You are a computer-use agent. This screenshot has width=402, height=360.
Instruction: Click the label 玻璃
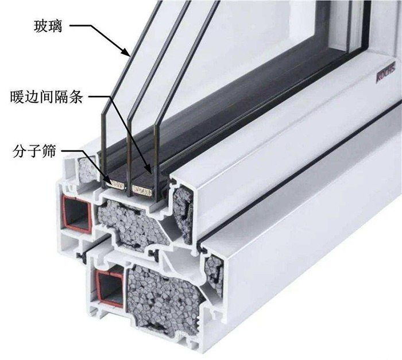pyautogui.click(x=48, y=26)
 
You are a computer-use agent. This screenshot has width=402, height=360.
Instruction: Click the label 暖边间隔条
pyautogui.click(x=47, y=98)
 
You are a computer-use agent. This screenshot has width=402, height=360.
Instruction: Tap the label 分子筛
pyautogui.click(x=34, y=152)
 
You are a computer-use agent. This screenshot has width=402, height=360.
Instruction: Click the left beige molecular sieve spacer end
pyautogui.click(x=117, y=185)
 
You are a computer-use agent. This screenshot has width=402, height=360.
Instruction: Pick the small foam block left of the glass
pyautogui.click(x=88, y=169)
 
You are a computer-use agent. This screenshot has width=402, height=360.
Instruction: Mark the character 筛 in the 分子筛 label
pyautogui.click(x=49, y=152)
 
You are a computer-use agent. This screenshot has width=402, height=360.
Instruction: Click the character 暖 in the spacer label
pyautogui.click(x=17, y=98)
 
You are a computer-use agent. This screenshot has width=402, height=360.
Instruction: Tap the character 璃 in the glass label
pyautogui.click(x=55, y=26)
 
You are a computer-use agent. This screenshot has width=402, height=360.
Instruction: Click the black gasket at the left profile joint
pyautogui.click(x=82, y=257)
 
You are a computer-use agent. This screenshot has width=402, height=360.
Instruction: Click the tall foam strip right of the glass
pyautogui.click(x=183, y=214)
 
